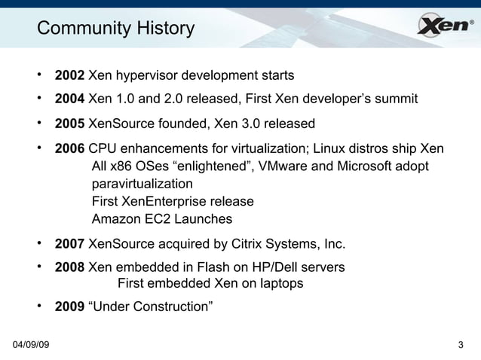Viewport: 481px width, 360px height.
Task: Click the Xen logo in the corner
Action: tap(445, 27)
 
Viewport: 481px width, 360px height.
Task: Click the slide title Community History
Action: tap(115, 29)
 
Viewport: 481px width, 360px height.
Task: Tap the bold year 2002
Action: tap(69, 76)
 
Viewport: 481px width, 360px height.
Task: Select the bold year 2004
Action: tap(69, 99)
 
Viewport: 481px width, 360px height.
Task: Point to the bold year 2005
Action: tap(69, 124)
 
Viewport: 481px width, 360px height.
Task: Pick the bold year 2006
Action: tap(69, 148)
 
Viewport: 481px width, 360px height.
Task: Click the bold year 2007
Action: tap(69, 244)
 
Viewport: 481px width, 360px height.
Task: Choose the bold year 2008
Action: tap(69, 267)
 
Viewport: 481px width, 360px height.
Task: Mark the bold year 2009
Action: tap(69, 307)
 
